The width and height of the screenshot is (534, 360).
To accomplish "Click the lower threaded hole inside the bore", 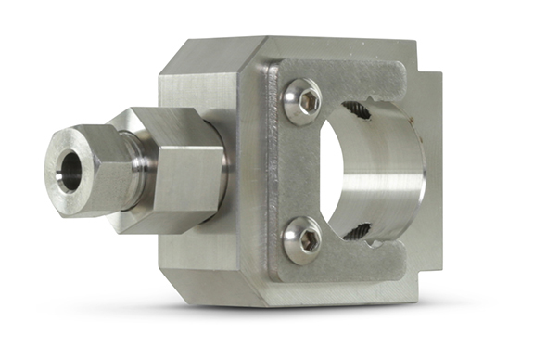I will click(359, 229).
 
